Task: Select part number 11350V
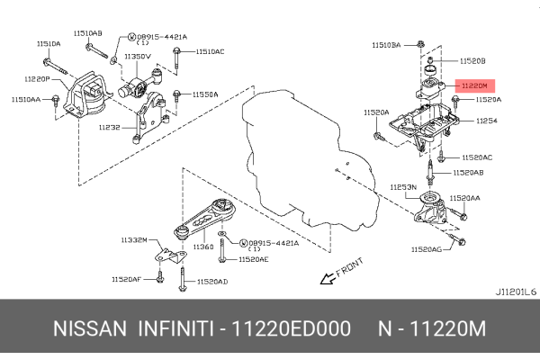point(138,56)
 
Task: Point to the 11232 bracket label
point(109,127)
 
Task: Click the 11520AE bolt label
point(256,259)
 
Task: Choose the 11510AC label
point(210,51)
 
